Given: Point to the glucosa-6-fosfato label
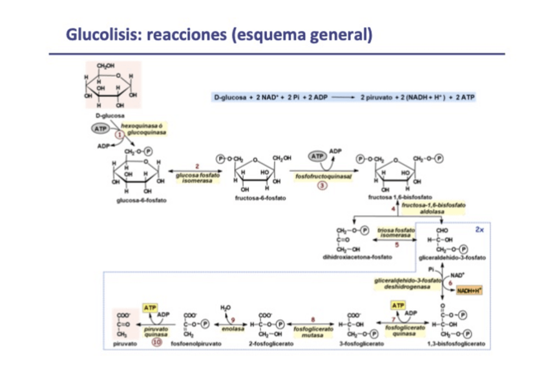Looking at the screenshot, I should coord(142,200).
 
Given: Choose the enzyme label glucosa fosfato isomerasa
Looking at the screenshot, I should coord(198,176).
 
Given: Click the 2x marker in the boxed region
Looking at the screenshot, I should coord(479,229).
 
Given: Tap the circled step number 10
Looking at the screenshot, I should coord(156,342).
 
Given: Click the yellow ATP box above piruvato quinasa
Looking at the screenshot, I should coord(150,308).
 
